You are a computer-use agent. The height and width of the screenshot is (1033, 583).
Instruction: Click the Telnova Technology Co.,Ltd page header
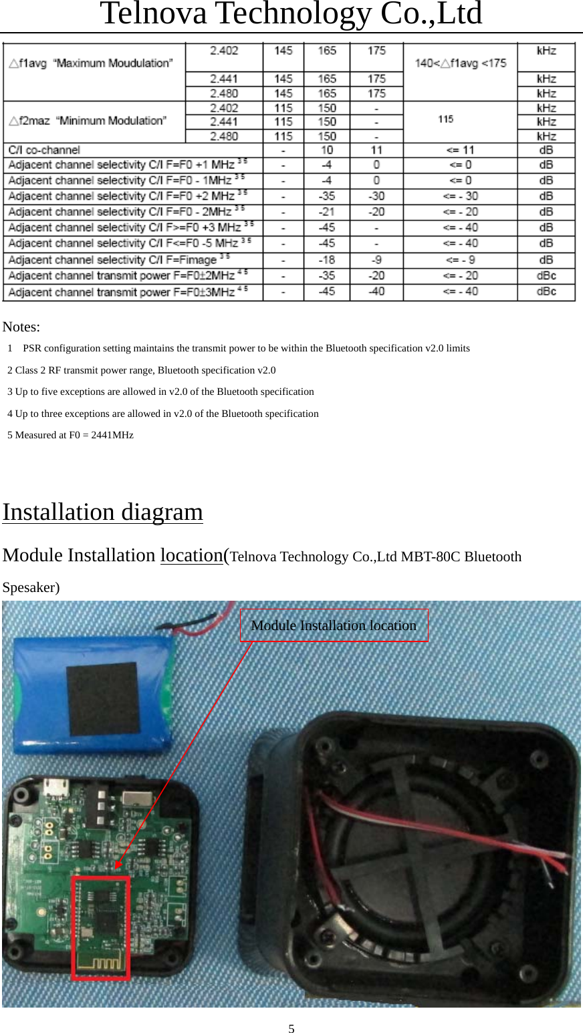coord(291,13)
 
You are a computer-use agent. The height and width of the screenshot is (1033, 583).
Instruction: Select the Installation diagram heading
coord(103,512)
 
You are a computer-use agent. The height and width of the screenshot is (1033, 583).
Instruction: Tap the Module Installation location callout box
coord(334,625)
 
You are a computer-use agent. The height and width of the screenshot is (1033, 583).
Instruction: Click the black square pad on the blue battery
coord(103,698)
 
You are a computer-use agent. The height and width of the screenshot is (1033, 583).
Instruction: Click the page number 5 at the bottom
coord(291,1028)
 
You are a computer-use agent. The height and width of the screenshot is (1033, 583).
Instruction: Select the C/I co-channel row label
coord(44,150)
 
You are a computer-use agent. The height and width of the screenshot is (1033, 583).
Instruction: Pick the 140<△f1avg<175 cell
coord(461,63)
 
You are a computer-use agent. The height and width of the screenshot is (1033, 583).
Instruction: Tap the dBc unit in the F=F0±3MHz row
coord(546,291)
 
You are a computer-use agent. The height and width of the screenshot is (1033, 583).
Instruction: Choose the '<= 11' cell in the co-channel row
coord(460,150)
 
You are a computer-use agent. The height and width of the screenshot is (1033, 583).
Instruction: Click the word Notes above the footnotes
coord(21,327)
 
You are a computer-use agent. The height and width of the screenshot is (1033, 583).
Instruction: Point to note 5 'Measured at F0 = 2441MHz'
coord(70,435)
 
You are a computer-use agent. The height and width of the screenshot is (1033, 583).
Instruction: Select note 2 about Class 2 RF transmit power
coord(141,370)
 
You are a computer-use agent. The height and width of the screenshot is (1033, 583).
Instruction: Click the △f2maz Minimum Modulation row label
coord(88,121)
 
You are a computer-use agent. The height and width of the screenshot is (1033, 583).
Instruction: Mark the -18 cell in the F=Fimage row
coord(326,260)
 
